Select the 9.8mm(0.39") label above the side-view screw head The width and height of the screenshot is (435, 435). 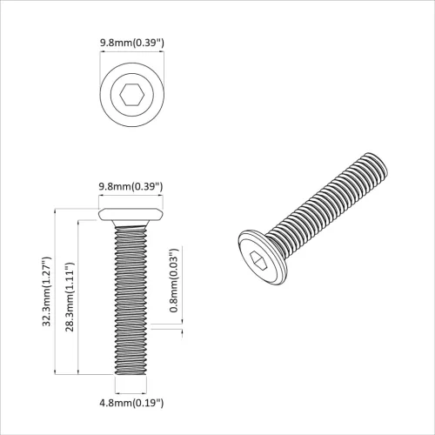click(131, 186)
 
